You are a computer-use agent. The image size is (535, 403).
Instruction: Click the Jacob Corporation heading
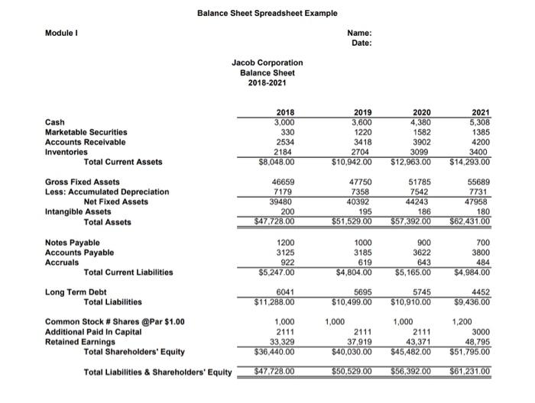[x=267, y=63]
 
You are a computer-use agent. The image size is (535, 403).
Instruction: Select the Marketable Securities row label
[x=86, y=131]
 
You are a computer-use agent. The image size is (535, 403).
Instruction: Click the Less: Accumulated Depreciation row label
[x=107, y=192]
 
